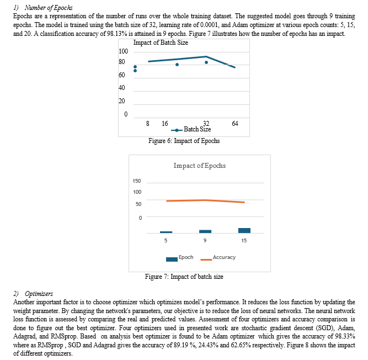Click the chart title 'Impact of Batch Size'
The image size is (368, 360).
[161, 43]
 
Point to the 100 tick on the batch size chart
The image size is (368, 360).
[124, 51]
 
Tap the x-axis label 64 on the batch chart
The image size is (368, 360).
[235, 123]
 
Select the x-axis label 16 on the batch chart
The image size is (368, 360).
[165, 123]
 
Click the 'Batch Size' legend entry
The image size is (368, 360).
[191, 129]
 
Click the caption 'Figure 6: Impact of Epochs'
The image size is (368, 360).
[184, 141]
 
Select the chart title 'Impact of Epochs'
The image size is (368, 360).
[200, 166]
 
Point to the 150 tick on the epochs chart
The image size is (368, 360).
[137, 181]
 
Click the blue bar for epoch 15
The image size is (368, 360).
[244, 230]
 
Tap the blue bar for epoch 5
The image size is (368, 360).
[166, 232]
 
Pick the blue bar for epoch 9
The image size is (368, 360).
[205, 231]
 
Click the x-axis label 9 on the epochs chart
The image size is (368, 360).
[205, 241]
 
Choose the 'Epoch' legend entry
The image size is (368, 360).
[179, 258]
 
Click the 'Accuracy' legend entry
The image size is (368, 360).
[218, 258]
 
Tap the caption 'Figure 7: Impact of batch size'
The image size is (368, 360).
[184, 277]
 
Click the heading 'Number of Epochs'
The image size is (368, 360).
[49, 8]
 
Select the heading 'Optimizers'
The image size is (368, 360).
[39, 294]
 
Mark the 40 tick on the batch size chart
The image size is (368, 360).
[121, 88]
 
